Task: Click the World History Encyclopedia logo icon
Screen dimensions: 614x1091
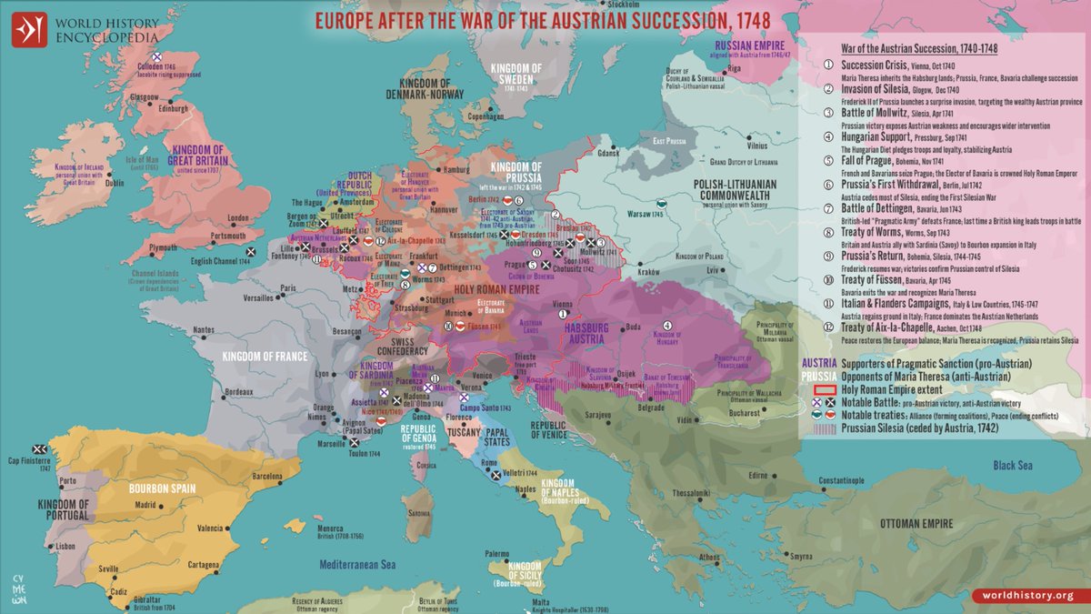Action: pos(30,28)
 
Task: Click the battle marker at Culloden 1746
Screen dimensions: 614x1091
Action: pos(156,57)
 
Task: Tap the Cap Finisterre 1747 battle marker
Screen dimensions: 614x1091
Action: pos(40,449)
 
